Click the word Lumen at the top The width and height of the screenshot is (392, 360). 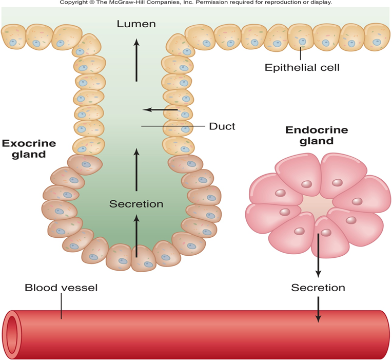pyautogui.click(x=136, y=24)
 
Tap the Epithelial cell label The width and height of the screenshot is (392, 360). pyautogui.click(x=302, y=67)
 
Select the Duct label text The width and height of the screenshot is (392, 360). pyautogui.click(x=222, y=126)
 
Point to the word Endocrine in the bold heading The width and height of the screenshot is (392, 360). pyautogui.click(x=317, y=130)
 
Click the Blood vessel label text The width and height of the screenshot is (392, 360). pyautogui.click(x=61, y=288)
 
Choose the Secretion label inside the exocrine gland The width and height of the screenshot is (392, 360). pyautogui.click(x=136, y=204)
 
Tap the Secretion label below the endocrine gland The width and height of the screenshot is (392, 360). pyautogui.click(x=318, y=288)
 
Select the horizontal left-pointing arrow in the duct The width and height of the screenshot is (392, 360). pyautogui.click(x=160, y=109)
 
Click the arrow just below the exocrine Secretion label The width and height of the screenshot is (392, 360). pyautogui.click(x=136, y=235)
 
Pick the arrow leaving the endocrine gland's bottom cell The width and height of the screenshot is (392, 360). pyautogui.click(x=318, y=254)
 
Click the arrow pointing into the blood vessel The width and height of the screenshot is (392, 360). pyautogui.click(x=318, y=310)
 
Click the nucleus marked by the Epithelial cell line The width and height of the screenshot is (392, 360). pyautogui.click(x=302, y=41)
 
